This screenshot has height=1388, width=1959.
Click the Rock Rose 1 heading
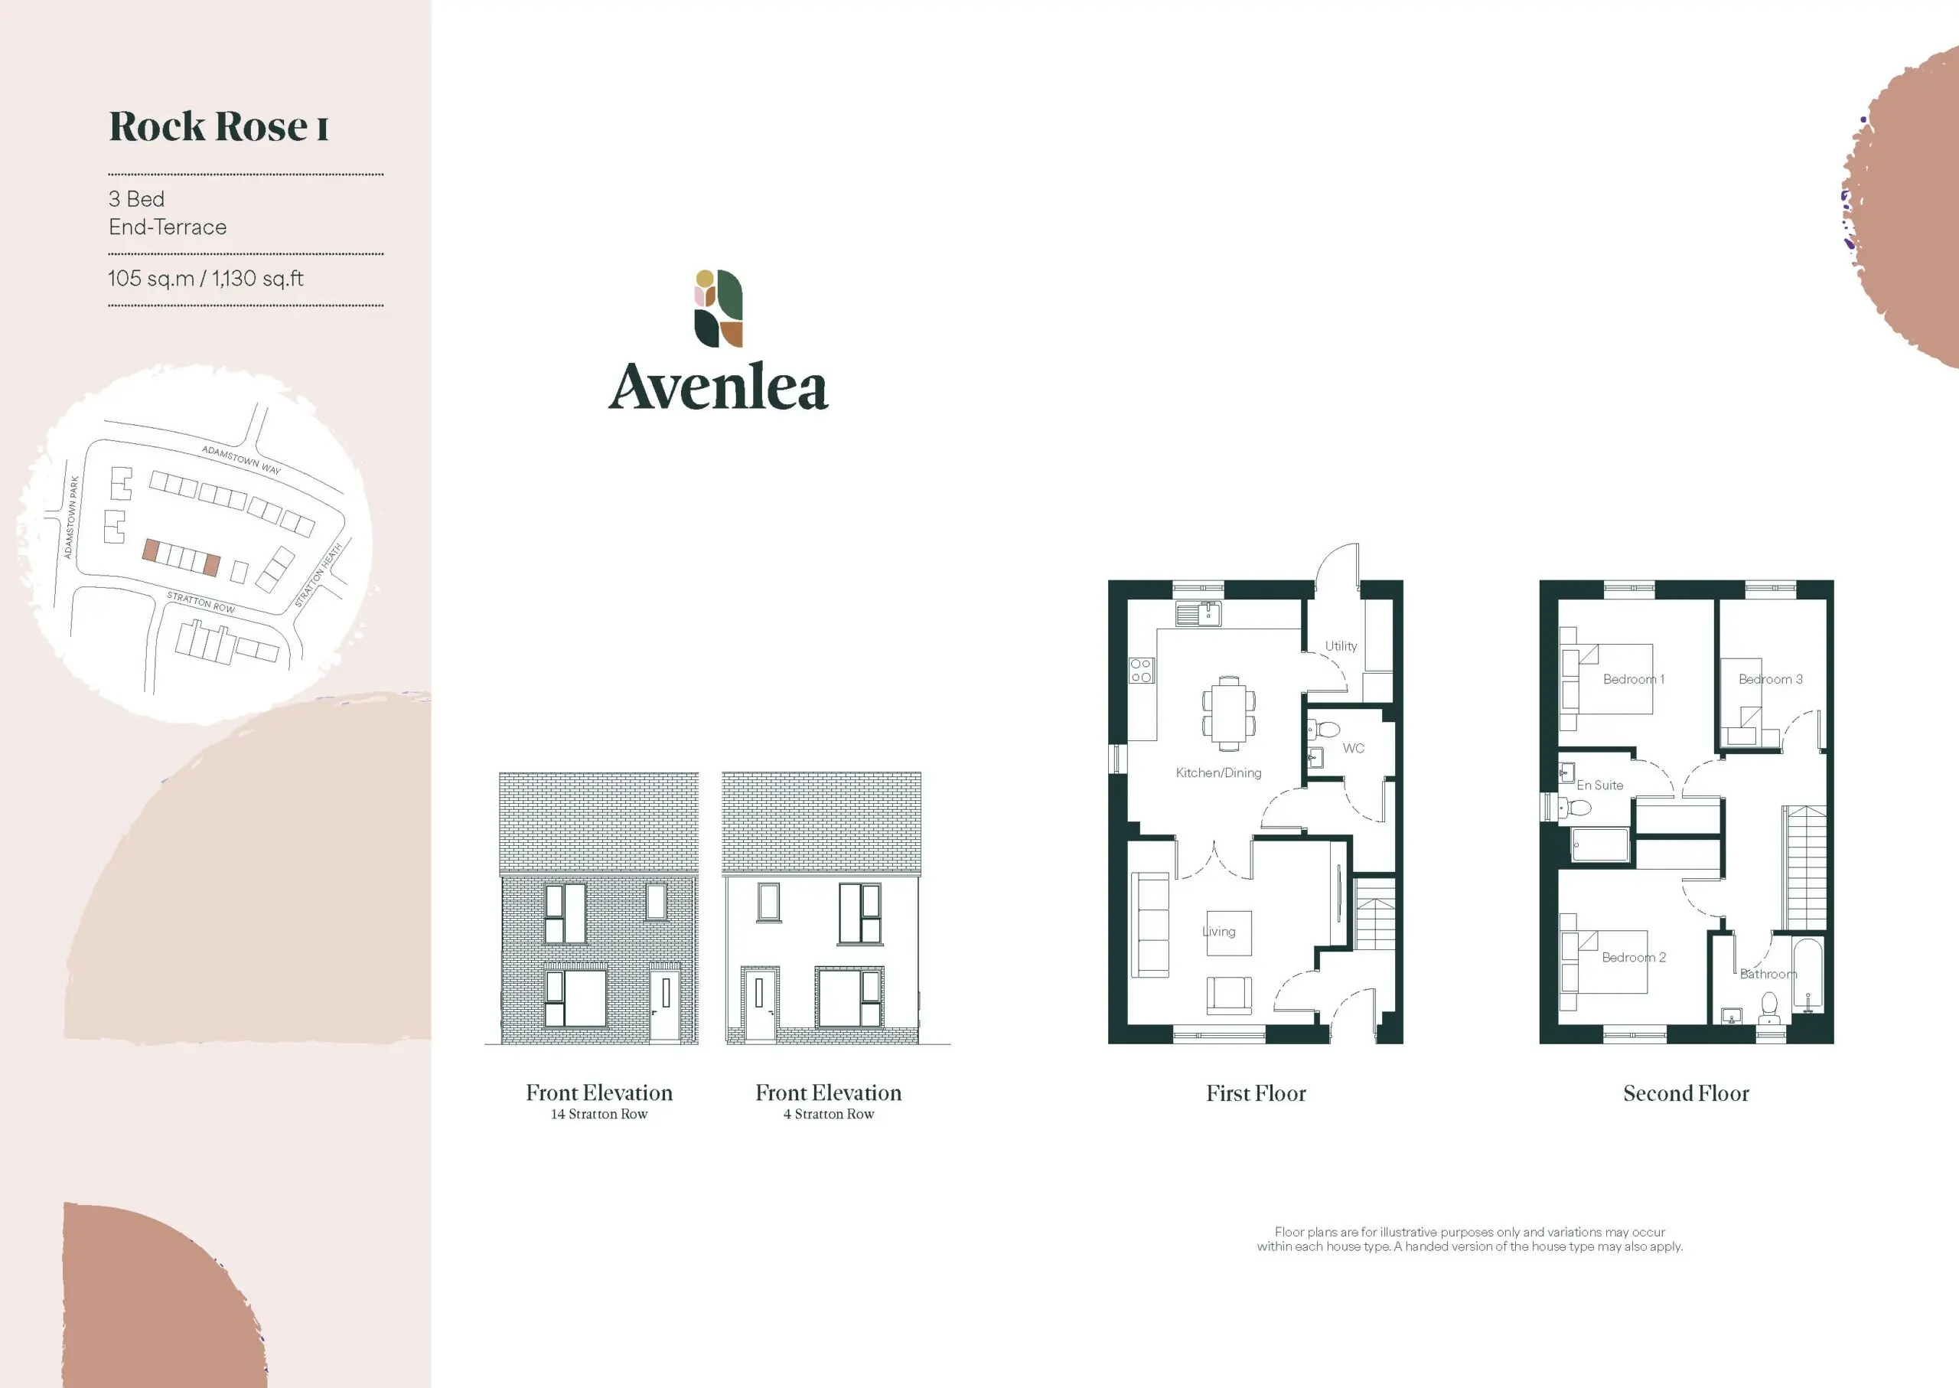pyautogui.click(x=219, y=126)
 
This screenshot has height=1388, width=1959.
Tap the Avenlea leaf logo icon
pyautogui.click(x=718, y=309)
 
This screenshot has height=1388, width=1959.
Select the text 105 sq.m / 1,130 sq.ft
pyautogui.click(x=206, y=279)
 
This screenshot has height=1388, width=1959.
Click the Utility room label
pyautogui.click(x=1341, y=646)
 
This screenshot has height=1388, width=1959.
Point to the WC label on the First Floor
pyautogui.click(x=1353, y=748)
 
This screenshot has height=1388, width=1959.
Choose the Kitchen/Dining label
pyautogui.click(x=1218, y=772)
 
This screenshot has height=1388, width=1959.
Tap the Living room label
pyautogui.click(x=1219, y=932)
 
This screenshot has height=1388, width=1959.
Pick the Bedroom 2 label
pyautogui.click(x=1634, y=957)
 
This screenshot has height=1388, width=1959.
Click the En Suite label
pyautogui.click(x=1599, y=785)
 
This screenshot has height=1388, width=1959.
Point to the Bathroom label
pyautogui.click(x=1768, y=975)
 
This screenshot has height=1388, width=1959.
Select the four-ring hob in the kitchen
pyautogui.click(x=1140, y=671)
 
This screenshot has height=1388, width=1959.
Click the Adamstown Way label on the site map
pyautogui.click(x=241, y=460)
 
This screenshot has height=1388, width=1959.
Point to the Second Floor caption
pyautogui.click(x=1686, y=1093)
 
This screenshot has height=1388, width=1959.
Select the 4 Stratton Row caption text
pyautogui.click(x=829, y=1114)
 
